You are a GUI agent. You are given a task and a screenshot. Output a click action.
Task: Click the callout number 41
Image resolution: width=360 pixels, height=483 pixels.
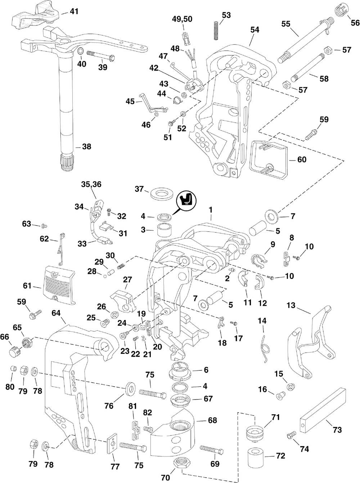click(x=73, y=12)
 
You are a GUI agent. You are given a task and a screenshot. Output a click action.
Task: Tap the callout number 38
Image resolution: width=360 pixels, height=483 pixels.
click(x=86, y=147)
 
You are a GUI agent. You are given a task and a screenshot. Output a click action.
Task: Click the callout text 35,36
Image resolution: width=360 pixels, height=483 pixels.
click(x=91, y=184)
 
